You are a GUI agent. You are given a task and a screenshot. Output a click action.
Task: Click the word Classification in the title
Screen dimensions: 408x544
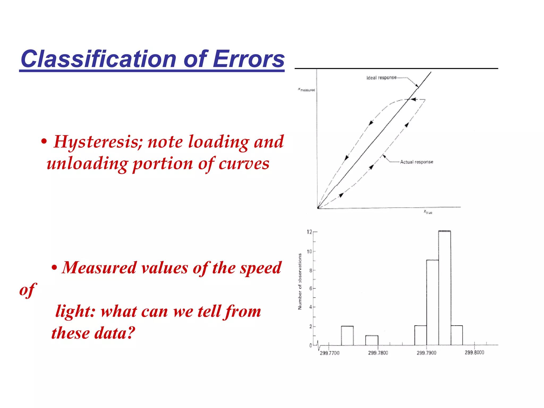pos(98,59)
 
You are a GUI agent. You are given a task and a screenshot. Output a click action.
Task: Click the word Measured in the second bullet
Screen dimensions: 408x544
pos(99,268)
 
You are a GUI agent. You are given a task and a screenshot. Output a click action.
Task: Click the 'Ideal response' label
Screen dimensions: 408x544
pos(381,78)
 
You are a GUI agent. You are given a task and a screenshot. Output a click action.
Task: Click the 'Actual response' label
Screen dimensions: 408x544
pos(416,162)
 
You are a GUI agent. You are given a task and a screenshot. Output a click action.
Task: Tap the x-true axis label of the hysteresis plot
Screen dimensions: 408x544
pos(428,212)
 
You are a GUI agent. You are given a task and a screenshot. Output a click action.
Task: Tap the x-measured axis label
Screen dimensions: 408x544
pos(307,90)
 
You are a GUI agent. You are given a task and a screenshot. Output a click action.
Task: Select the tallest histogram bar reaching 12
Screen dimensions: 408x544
pos(444,288)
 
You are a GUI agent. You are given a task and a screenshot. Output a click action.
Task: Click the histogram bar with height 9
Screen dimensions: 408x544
pos(432,303)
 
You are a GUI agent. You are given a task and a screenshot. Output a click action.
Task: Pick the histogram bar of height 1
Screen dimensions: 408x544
pos(372,341)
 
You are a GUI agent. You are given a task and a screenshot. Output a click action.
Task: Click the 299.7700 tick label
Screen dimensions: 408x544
pos(330,353)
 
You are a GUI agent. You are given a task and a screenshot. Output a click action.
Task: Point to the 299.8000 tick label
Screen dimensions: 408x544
pos(474,352)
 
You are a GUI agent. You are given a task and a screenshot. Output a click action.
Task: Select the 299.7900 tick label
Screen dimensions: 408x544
pos(426,353)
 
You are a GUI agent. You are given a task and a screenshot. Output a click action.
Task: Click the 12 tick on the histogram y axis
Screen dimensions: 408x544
pos(309,232)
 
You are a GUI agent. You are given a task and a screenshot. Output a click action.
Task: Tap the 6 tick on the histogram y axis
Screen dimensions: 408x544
pos(311,288)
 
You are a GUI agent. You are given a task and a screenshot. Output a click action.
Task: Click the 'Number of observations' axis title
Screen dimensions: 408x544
pos(300,282)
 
